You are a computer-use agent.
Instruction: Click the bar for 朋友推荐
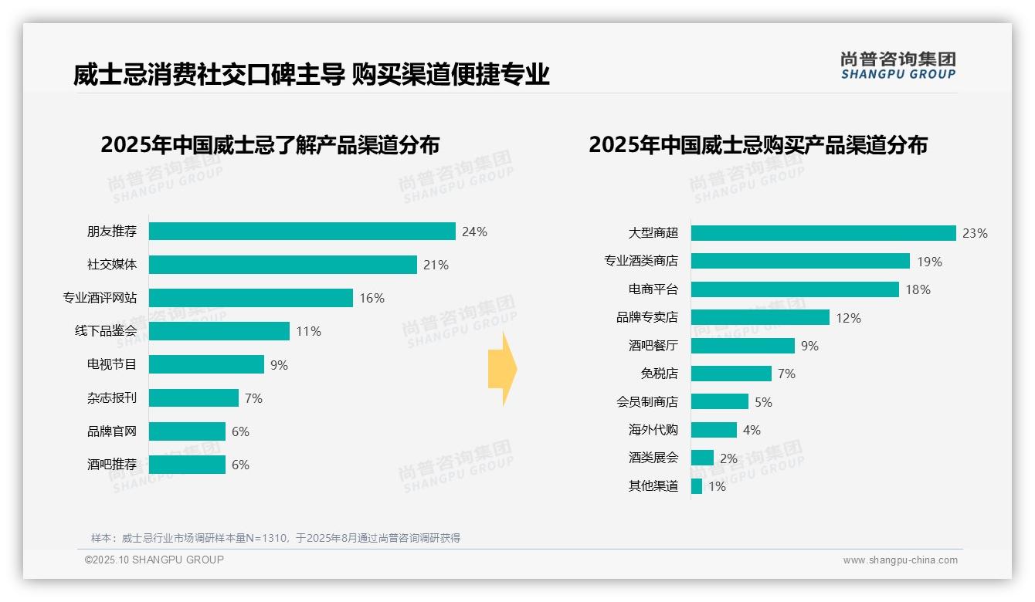[302, 232]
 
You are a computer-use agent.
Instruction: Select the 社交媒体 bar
[283, 265]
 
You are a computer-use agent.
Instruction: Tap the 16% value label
[372, 298]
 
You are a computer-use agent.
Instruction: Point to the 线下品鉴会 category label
[106, 331]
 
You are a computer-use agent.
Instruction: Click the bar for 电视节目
[206, 364]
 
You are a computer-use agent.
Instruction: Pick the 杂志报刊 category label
[112, 398]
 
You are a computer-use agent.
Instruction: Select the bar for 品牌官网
[187, 431]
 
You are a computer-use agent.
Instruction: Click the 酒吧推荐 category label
[112, 465]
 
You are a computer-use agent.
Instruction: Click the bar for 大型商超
[823, 233]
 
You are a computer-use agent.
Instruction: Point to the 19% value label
[929, 262]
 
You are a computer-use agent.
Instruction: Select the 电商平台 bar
[795, 289]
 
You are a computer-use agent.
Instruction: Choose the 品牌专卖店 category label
[647, 317]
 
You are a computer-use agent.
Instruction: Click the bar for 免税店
[731, 374]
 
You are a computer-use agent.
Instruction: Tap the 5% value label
[763, 402]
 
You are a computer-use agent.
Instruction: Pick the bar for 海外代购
[714, 430]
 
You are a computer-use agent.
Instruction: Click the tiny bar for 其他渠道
[697, 486]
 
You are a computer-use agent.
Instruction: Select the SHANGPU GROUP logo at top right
[898, 66]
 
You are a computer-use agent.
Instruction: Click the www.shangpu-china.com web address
[900, 560]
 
